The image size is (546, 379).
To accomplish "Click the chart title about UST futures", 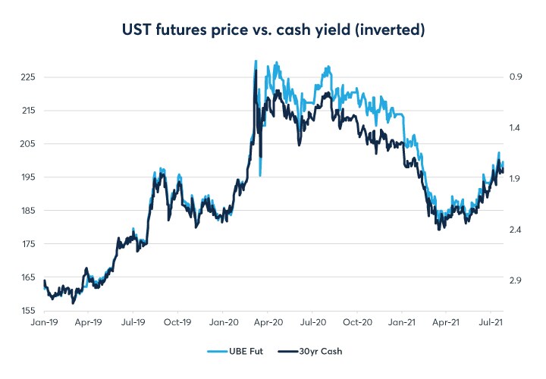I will [x=272, y=30].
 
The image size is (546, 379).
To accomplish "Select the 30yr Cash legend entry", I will [x=312, y=352].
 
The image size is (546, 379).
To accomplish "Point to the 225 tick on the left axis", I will [x=27, y=77].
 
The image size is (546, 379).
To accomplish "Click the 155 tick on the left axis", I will [x=27, y=311].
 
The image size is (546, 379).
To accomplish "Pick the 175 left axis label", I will [x=27, y=244].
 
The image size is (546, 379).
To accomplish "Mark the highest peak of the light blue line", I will [x=256, y=61].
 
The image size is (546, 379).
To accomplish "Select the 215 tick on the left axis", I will [x=27, y=111].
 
